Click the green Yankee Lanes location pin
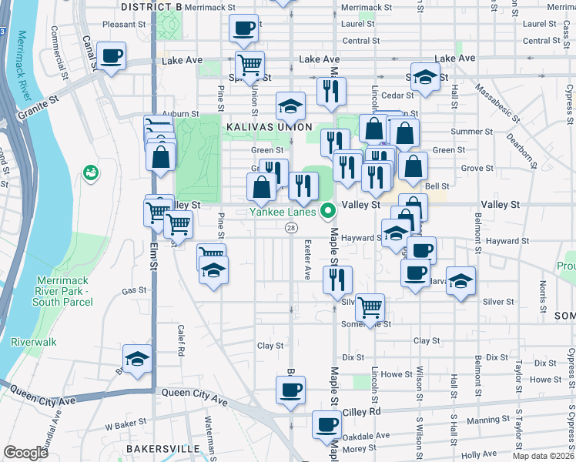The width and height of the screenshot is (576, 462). click(x=328, y=209)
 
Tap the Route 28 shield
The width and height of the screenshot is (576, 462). click(x=291, y=228)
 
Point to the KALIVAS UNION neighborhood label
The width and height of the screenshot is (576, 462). click(x=269, y=126)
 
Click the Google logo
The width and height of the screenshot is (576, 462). click(x=26, y=453)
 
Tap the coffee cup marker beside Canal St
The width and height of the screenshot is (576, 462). click(x=111, y=56)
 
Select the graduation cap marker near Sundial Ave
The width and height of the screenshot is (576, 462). click(x=137, y=359)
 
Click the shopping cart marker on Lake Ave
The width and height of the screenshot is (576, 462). click(x=250, y=65)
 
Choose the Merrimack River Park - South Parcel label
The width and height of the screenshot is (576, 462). click(x=62, y=296)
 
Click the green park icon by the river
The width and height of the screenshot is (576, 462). click(x=91, y=172)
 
